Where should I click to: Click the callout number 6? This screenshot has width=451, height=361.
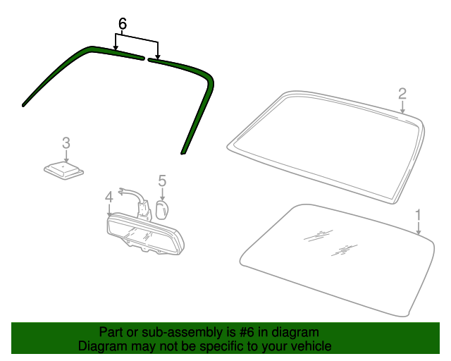pos(123,23)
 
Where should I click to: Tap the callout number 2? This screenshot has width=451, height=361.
pos(402,94)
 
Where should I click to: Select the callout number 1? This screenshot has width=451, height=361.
pos(418,215)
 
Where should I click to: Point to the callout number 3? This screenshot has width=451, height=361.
pos(66,143)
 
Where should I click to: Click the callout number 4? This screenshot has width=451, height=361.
pos(109,197)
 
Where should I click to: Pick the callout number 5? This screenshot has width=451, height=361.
pos(162,180)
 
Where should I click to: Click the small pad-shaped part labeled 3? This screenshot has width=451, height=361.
pos(63,171)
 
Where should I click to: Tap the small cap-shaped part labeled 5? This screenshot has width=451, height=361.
pos(162,210)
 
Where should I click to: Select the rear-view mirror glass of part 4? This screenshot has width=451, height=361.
pos(143,234)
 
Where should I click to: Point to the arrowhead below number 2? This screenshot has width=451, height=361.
pos(402,111)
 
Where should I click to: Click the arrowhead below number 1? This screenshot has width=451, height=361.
pos(419,232)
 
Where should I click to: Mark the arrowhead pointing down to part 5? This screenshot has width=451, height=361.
pos(162,198)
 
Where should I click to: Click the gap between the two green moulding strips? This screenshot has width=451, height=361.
pos(146,59)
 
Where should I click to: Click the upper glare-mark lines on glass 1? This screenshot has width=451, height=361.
pos(319,235)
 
